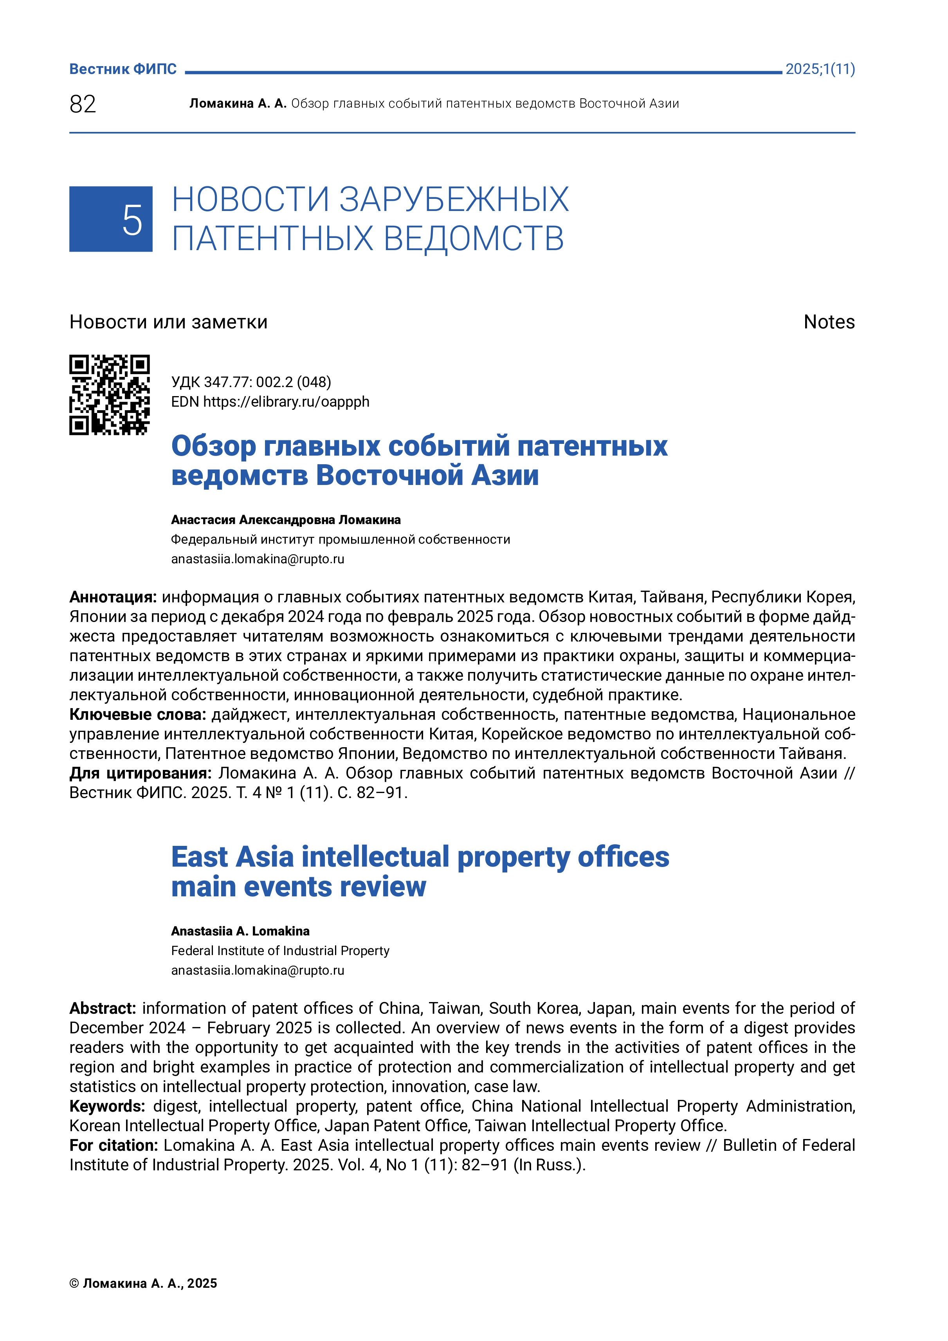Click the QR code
point(109,395)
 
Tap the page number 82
point(82,104)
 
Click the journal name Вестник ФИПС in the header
point(123,69)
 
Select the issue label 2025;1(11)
point(820,69)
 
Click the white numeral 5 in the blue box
point(132,220)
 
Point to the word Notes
point(829,322)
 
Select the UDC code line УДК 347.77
point(251,382)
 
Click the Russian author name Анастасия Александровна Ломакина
point(286,520)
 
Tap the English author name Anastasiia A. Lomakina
point(240,931)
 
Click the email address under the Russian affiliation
point(258,559)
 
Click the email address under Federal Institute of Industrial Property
point(258,970)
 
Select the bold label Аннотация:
point(113,597)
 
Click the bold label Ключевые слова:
point(138,714)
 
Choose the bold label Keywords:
point(107,1106)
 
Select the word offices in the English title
point(623,857)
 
